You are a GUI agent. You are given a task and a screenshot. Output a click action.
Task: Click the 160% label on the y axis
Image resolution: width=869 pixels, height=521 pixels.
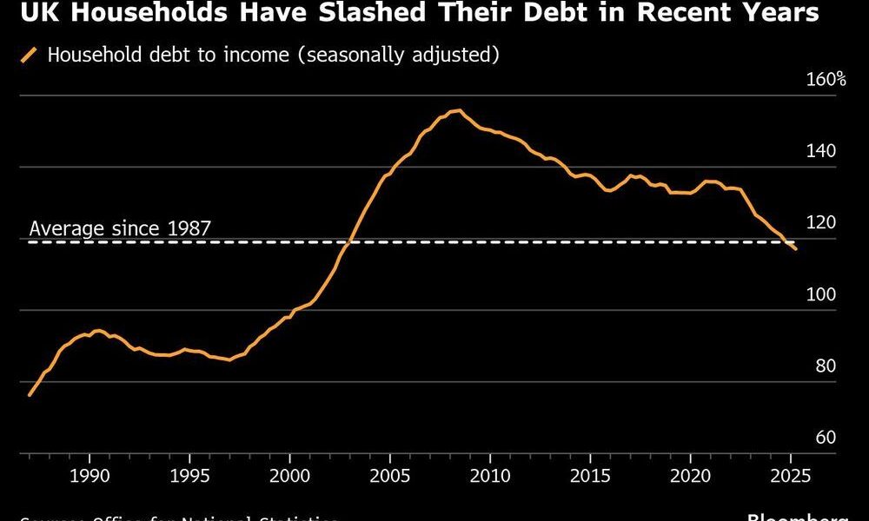(826, 80)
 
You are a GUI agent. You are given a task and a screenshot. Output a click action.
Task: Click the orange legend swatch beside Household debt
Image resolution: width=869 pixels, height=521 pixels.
(29, 56)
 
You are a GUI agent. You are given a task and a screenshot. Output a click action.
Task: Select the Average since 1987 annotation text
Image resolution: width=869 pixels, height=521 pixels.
(120, 229)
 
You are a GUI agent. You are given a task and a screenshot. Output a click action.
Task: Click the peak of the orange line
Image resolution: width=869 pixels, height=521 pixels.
(459, 110)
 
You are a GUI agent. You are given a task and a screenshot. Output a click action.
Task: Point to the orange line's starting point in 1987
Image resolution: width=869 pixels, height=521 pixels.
(30, 395)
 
